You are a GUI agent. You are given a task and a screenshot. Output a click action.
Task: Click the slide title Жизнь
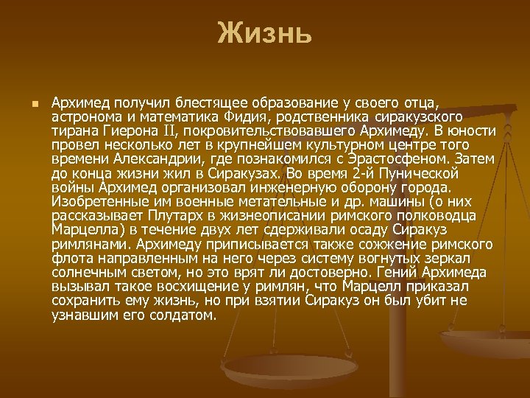coord(265,34)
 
